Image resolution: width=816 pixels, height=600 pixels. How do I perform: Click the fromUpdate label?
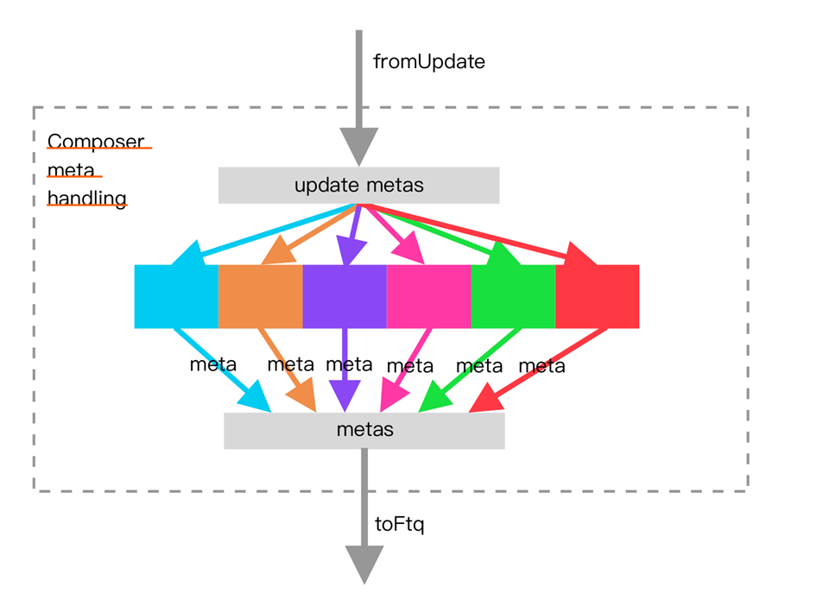pos(429,62)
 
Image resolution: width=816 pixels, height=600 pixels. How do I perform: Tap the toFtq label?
pos(399,524)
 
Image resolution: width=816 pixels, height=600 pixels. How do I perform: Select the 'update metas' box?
pos(358,186)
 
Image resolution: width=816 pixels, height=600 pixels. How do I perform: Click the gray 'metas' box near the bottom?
pos(364,431)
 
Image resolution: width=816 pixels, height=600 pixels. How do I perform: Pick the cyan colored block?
pos(176,297)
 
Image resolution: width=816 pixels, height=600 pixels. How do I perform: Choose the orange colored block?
pos(261,297)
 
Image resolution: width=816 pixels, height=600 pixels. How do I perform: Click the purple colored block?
pos(345,297)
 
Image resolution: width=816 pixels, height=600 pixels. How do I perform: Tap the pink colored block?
pos(429,297)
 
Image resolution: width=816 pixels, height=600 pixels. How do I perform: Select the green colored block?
pos(513,297)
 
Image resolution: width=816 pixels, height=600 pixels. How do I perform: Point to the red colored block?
pos(598,297)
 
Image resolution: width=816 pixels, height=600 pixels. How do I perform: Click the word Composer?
pos(96,142)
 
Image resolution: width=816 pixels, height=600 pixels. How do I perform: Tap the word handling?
pos(87,199)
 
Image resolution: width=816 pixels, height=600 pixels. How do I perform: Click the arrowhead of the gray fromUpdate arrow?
pos(359,147)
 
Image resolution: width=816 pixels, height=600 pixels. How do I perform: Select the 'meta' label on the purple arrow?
pos(349,365)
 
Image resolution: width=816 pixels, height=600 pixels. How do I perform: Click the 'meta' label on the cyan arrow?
pos(212,365)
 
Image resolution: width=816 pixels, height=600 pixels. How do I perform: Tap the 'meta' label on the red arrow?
pos(541,366)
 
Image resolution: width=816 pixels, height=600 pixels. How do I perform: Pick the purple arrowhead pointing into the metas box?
pos(345,396)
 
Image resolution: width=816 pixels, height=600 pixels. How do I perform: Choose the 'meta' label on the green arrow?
pos(479,366)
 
